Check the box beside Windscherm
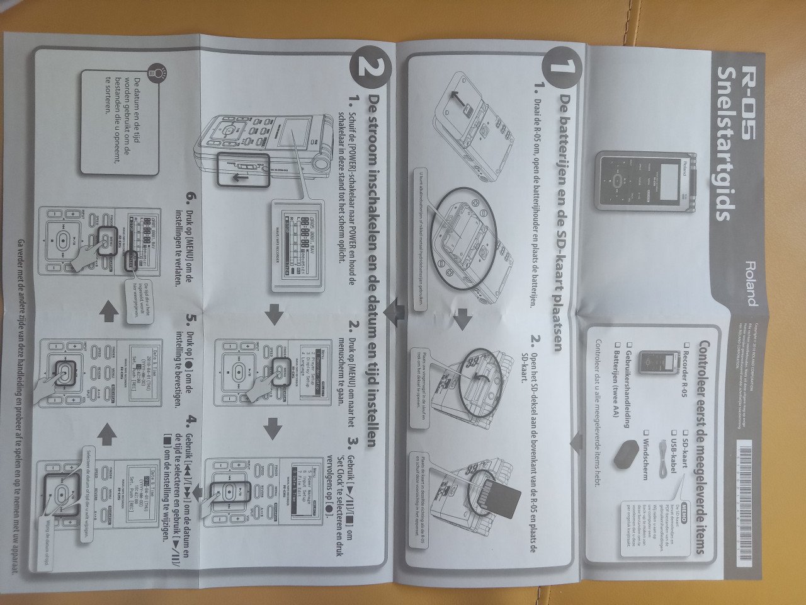[x=646, y=433]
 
